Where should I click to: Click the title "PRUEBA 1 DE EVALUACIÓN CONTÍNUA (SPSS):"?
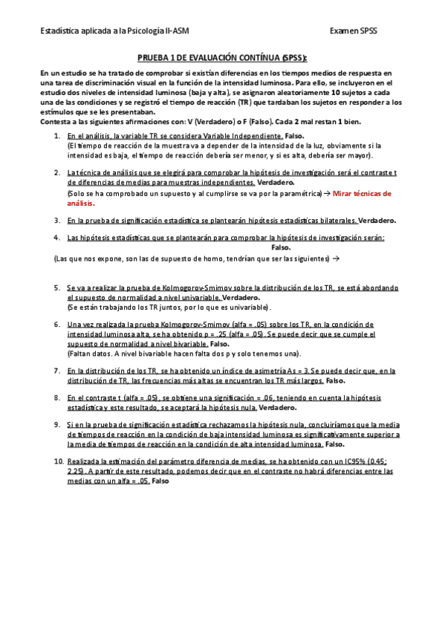click(222, 57)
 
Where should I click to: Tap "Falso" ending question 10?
click(160, 481)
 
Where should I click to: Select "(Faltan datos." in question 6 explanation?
click(88, 354)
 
